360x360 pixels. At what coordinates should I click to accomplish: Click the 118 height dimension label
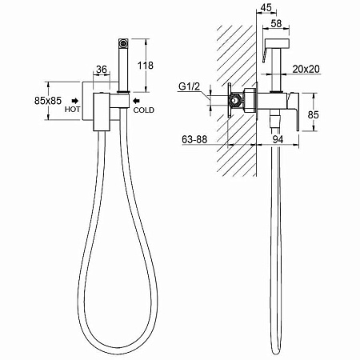[146, 66]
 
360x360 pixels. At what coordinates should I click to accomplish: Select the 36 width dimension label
[102, 70]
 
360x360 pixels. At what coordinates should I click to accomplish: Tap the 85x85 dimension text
[48, 101]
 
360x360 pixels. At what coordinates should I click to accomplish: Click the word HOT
[72, 110]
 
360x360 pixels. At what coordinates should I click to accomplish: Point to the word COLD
[144, 110]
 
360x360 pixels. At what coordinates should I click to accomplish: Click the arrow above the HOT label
[75, 101]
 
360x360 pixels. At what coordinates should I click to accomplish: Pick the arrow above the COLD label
[136, 101]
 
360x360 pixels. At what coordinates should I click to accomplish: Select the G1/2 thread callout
[189, 86]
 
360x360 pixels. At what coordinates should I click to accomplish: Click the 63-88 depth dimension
[194, 139]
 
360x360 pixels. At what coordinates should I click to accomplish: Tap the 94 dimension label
[278, 139]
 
